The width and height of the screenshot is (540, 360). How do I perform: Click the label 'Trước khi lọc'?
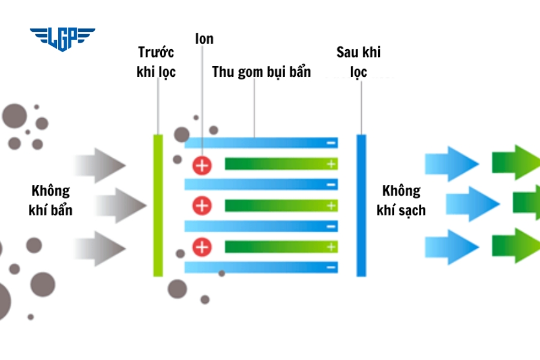tap(156, 62)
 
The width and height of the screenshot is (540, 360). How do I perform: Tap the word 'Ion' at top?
tap(204, 40)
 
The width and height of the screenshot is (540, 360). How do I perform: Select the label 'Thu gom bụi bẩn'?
tap(262, 72)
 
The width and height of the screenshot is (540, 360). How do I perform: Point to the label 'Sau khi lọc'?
tap(358, 62)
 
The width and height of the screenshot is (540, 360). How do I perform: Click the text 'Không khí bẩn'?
tap(50, 200)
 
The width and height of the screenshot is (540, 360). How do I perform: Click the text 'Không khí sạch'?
tap(401, 200)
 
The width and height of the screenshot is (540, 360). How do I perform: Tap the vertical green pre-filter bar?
tap(158, 205)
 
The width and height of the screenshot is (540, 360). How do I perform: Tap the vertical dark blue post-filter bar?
tap(361, 205)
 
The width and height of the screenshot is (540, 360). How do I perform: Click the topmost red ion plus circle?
tap(203, 165)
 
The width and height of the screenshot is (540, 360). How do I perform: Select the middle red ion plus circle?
tap(203, 206)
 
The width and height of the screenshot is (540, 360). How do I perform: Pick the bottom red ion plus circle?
tap(203, 247)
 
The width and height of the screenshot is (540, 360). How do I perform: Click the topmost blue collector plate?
tap(261, 143)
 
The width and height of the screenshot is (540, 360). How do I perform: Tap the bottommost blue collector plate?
tap(261, 267)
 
